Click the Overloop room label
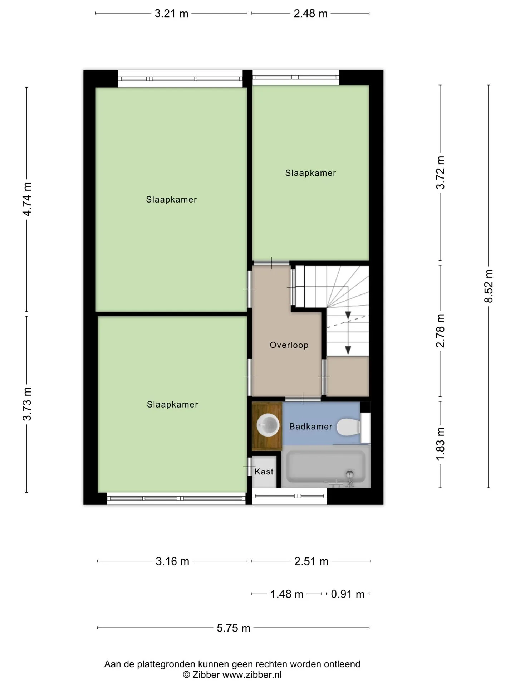coord(289,345)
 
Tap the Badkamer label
coord(311,427)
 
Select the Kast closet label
coord(264,472)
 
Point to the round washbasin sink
coord(268,425)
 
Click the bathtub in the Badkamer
coord(326,467)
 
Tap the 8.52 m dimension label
coord(489,286)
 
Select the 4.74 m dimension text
coord(27,199)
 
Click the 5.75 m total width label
coord(234,628)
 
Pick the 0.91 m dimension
coord(348,594)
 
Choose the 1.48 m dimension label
coord(287,594)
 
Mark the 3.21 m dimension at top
coord(171,14)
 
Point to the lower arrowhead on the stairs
coord(348,350)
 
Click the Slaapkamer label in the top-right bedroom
coord(310,173)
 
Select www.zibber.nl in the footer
coord(252,675)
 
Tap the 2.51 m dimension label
coord(311,561)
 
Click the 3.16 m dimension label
coord(172,561)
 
